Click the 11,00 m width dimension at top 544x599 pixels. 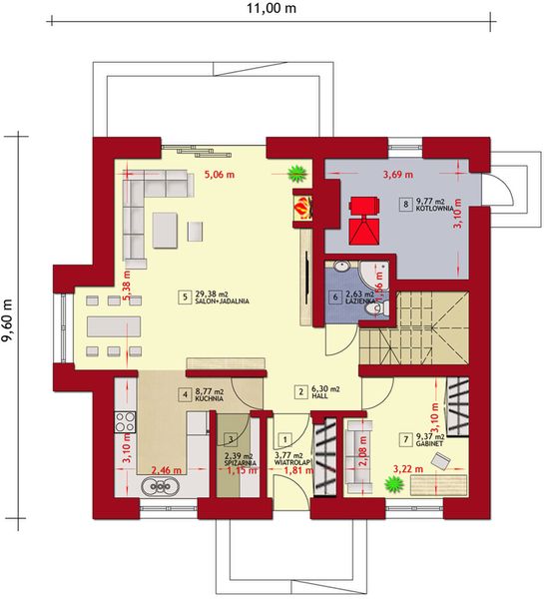click(272, 9)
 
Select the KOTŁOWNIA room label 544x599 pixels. click(437, 209)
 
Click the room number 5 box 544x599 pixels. click(185, 296)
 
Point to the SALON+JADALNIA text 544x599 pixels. click(222, 300)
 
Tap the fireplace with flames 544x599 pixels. click(300, 207)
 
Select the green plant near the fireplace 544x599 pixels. click(296, 174)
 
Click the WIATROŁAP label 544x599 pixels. click(294, 462)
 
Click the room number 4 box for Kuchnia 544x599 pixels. click(184, 393)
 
